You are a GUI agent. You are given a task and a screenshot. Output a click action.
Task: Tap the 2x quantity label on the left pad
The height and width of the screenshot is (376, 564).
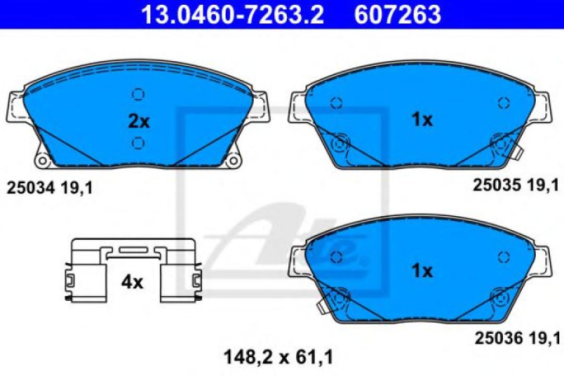tap(139, 122)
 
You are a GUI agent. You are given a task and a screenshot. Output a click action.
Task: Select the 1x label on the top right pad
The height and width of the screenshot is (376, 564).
tap(421, 120)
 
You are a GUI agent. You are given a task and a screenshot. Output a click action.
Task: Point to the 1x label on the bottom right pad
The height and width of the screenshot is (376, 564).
tap(421, 271)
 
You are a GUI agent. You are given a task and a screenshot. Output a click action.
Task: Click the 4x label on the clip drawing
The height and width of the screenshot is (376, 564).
tap(132, 283)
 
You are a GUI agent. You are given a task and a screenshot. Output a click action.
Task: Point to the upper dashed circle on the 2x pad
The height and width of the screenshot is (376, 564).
tap(138, 94)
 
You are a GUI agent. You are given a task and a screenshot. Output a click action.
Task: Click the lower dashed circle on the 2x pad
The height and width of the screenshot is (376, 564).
tap(138, 143)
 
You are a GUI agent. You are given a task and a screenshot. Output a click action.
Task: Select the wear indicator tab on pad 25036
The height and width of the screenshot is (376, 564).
tap(321, 307)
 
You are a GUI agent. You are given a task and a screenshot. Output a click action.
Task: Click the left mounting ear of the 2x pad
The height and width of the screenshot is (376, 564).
tap(15, 108)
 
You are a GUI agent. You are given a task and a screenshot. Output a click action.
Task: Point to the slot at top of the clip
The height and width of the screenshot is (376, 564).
tap(134, 250)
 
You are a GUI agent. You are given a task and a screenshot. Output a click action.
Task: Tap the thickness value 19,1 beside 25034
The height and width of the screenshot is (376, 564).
tap(77, 188)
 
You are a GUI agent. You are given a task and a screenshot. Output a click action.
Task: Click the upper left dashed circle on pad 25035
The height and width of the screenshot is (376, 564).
tap(337, 103)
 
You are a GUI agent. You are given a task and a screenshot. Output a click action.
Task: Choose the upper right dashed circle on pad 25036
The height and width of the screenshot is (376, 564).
tap(503, 256)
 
